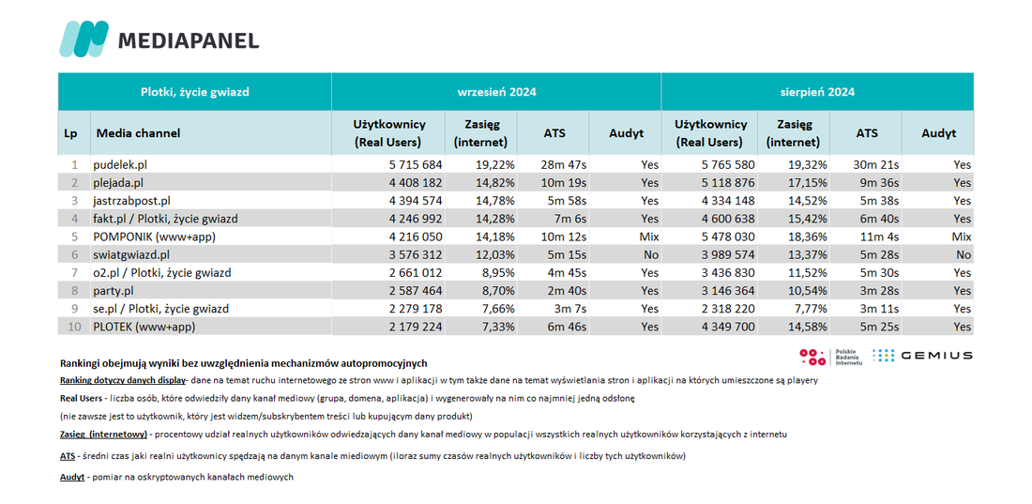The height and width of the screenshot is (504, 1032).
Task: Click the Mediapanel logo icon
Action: click(83, 38)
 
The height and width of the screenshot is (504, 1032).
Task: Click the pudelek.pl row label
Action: click(118, 164)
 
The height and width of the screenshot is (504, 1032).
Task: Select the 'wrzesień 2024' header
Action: click(496, 92)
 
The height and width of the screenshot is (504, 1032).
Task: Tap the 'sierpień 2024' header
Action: click(817, 92)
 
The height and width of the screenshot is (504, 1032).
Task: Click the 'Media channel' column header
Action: click(138, 133)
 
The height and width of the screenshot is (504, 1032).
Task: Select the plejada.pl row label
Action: click(118, 182)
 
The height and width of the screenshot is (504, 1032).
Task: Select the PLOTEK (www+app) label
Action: click(144, 326)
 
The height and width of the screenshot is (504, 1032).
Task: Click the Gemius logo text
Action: click(936, 356)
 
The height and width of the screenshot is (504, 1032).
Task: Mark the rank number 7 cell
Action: click(74, 272)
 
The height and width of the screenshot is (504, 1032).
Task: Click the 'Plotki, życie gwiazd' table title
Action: click(195, 92)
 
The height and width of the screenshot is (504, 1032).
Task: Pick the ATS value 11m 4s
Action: click(867, 237)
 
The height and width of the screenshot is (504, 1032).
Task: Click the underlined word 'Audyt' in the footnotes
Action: click(71, 477)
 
